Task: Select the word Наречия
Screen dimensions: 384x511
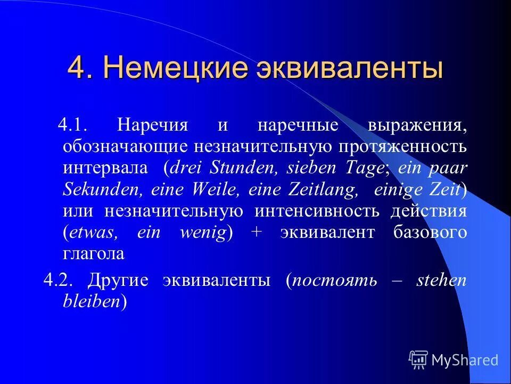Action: point(153,126)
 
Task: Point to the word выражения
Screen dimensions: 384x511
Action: point(417,126)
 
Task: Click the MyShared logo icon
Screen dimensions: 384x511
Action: point(418,359)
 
